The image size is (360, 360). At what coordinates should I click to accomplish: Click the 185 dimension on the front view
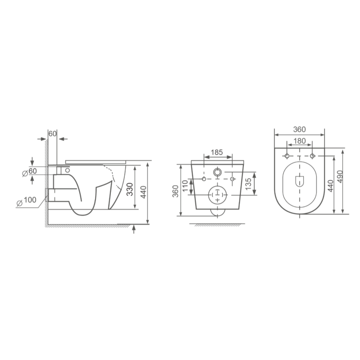coord(217,152)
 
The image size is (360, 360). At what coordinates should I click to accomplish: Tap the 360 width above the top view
coord(299,130)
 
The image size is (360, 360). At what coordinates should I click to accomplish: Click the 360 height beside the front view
coord(175,191)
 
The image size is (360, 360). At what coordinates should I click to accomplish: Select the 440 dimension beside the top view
coord(330,185)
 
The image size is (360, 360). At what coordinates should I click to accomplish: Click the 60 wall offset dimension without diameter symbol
coord(52,133)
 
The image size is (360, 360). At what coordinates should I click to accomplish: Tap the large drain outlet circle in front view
coord(218,195)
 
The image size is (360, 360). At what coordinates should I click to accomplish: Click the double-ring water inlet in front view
coord(218,172)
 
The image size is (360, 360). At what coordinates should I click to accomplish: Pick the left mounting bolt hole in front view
coord(204,179)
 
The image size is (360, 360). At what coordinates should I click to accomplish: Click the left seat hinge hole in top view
coord(287,156)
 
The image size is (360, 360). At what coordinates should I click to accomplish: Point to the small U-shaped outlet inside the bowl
coord(299,180)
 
